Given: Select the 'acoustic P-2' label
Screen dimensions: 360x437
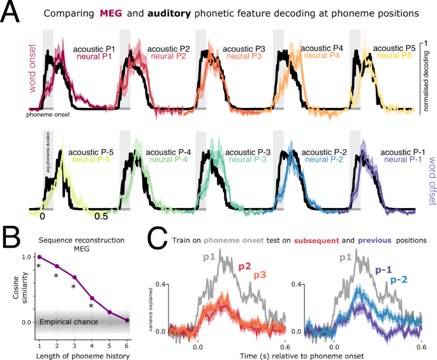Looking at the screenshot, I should pos(323,152).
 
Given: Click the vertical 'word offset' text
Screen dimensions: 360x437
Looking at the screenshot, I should pos(427,167).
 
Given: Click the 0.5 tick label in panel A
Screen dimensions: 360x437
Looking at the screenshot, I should pos(102,199).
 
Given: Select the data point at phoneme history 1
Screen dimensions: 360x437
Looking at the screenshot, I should pos(39,257).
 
